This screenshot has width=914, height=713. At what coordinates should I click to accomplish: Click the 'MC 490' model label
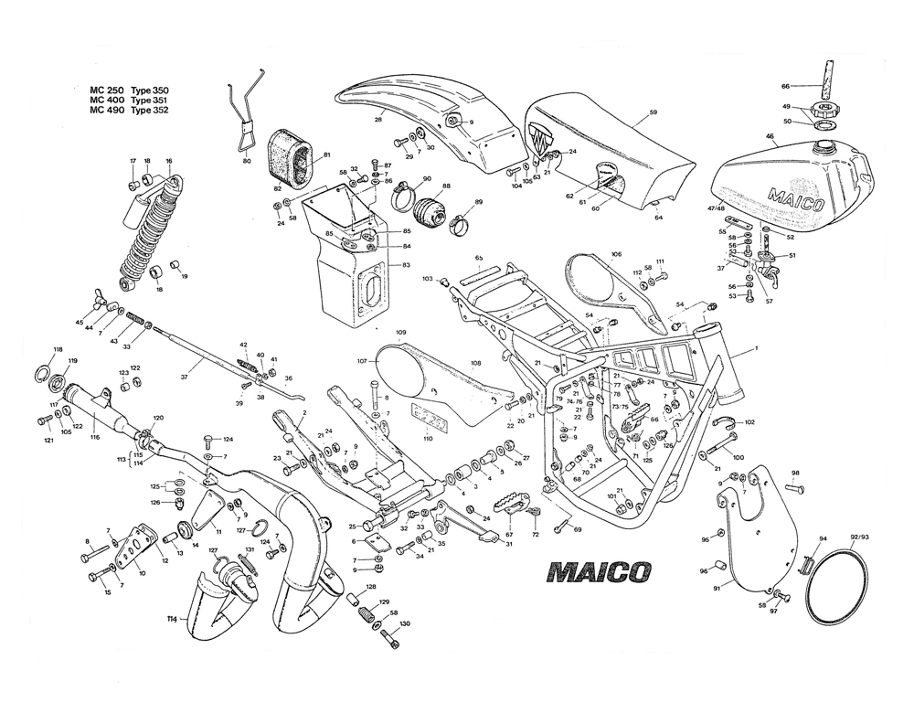(x=106, y=111)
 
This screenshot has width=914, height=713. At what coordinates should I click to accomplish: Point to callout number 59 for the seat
(x=654, y=113)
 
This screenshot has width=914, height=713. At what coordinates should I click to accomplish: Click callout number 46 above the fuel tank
(x=771, y=137)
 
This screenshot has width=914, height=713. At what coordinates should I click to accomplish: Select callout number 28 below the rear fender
(x=378, y=120)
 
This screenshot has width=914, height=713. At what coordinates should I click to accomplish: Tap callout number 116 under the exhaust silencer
(x=94, y=439)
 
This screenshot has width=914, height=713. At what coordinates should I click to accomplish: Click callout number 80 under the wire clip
(x=247, y=161)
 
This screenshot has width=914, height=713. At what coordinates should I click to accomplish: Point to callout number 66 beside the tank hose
(x=784, y=87)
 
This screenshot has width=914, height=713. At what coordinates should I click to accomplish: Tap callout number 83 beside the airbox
(x=406, y=265)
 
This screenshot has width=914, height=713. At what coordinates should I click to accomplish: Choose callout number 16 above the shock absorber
(x=169, y=161)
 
